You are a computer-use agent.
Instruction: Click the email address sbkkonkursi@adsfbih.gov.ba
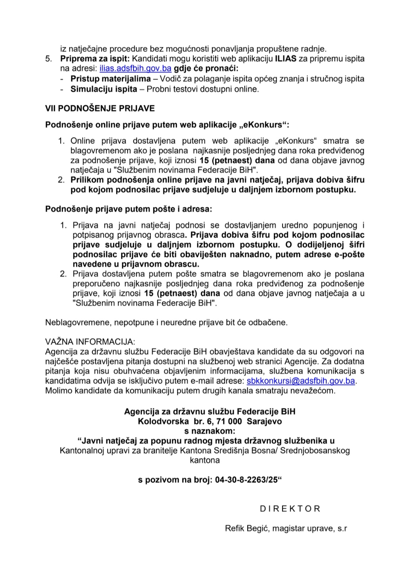[300, 381]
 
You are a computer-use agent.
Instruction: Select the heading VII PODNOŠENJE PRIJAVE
[100, 108]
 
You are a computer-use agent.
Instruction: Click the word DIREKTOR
[290, 509]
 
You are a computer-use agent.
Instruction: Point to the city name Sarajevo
[264, 421]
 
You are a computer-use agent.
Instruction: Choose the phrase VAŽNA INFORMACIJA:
[90, 342]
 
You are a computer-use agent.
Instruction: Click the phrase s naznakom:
[210, 431]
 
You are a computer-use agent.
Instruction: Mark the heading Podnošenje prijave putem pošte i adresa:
[129, 208]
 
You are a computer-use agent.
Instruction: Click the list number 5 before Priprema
[48, 59]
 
